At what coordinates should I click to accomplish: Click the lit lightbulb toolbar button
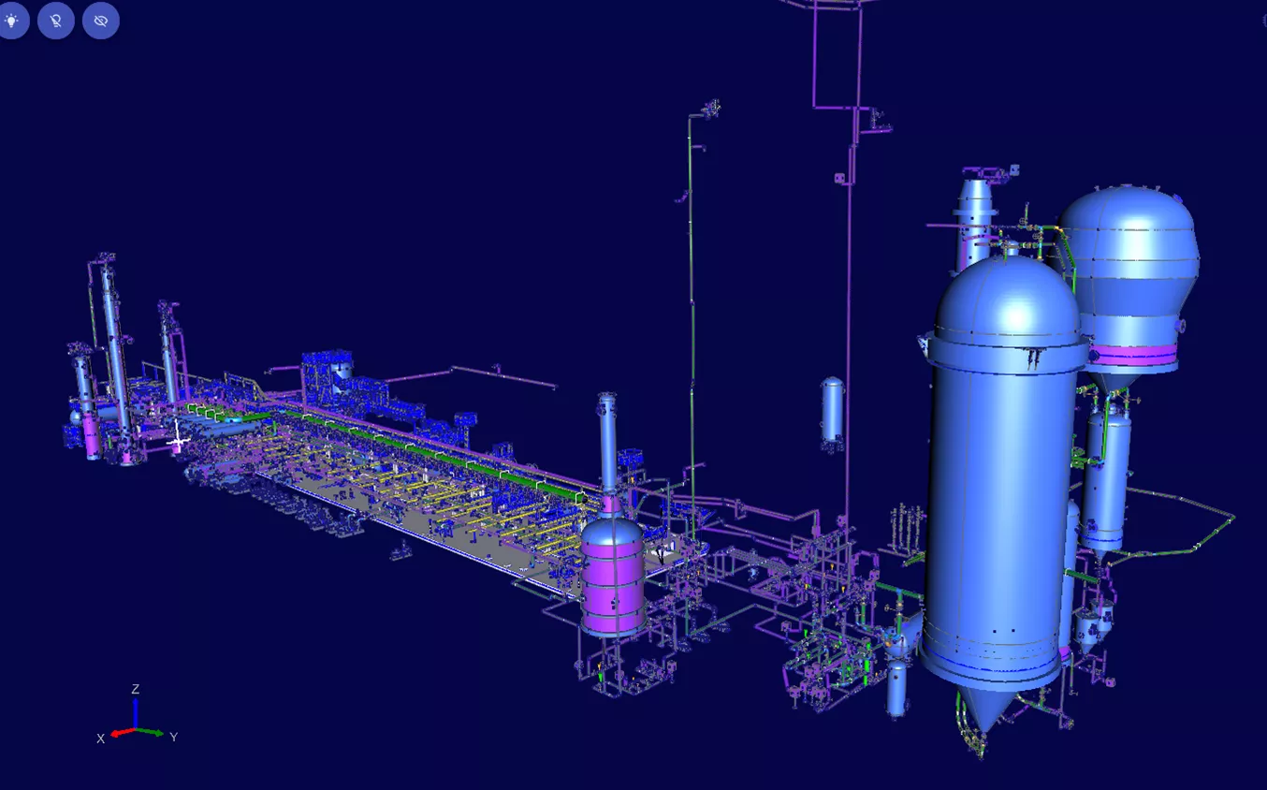[11, 21]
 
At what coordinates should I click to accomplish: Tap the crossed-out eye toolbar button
[101, 21]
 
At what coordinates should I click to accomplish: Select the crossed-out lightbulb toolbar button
[56, 21]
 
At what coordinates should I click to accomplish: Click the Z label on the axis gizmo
[135, 689]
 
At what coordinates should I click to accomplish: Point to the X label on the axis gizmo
[101, 739]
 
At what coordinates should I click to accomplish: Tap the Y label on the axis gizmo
[174, 737]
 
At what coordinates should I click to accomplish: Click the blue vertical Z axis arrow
[135, 713]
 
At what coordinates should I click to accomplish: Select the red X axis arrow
[123, 732]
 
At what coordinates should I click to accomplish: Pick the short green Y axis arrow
[150, 732]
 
